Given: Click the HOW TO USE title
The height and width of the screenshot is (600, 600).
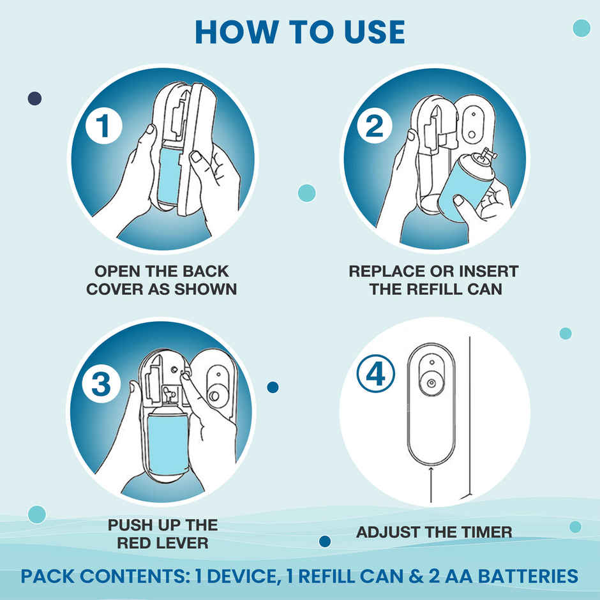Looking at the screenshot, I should point(300,31).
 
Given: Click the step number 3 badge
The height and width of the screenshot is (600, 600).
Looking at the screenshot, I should point(102,385).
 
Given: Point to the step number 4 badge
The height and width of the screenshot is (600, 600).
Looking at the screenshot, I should point(375,375).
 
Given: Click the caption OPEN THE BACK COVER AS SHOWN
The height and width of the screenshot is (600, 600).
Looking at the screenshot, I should point(161,280).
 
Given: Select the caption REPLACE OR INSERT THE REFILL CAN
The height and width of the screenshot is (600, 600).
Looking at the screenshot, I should point(434,280).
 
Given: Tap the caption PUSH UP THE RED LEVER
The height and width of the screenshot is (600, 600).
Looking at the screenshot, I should point(162,534).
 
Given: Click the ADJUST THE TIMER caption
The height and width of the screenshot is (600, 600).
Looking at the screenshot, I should point(434,532).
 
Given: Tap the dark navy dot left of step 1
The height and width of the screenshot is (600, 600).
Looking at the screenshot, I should point(34,98).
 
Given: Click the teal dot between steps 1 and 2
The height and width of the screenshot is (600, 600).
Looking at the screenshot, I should point(307,193).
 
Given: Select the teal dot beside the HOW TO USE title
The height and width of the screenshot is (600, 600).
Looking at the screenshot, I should point(581,28).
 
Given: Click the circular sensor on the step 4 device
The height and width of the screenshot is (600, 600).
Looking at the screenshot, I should point(431,383).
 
